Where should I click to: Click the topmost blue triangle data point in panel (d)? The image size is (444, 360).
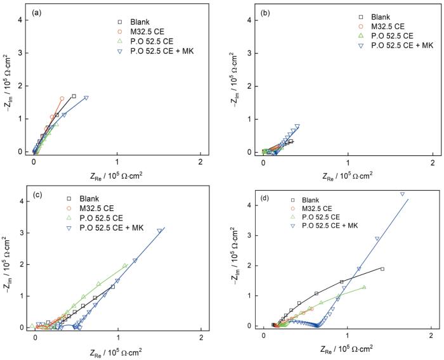click(x=402, y=194)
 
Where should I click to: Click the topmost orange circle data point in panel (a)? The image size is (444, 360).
click(x=62, y=99)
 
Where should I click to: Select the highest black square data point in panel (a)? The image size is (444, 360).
click(x=74, y=96)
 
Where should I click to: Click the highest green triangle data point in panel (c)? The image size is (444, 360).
click(x=125, y=266)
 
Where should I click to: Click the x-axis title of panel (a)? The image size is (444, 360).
click(x=117, y=176)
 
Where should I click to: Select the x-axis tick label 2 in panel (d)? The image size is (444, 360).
click(x=431, y=335)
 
